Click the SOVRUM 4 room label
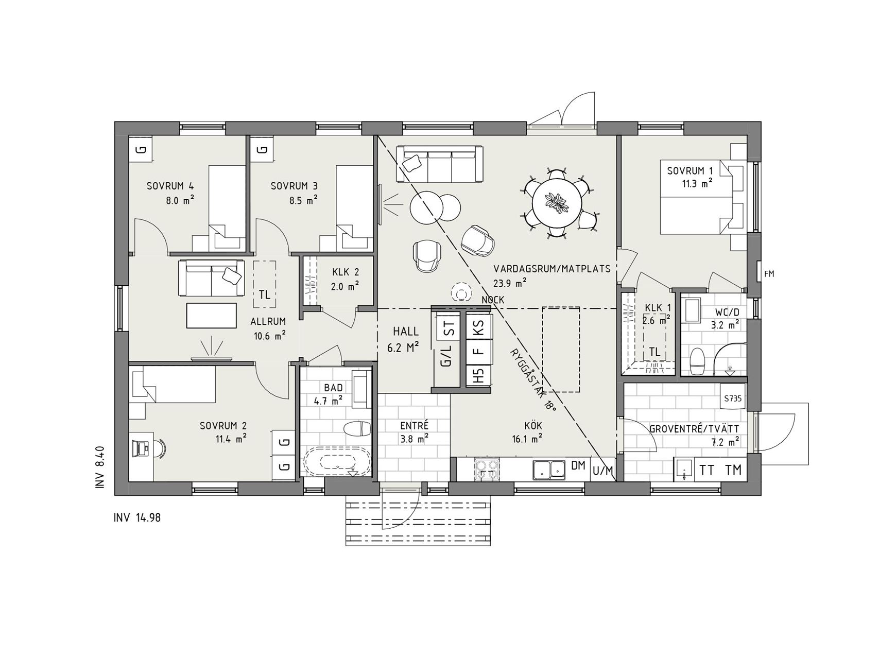[x=170, y=186]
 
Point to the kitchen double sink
[x=549, y=469]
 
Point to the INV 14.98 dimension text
[x=137, y=517]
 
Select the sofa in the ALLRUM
[x=211, y=278]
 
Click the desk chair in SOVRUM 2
[x=160, y=448]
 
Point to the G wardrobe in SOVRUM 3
[x=262, y=149]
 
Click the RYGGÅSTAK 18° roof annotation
[x=533, y=378]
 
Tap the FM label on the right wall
[x=769, y=274]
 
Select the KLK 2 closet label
[x=345, y=273]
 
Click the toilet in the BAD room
[x=357, y=428]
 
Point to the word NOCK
[x=493, y=300]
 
